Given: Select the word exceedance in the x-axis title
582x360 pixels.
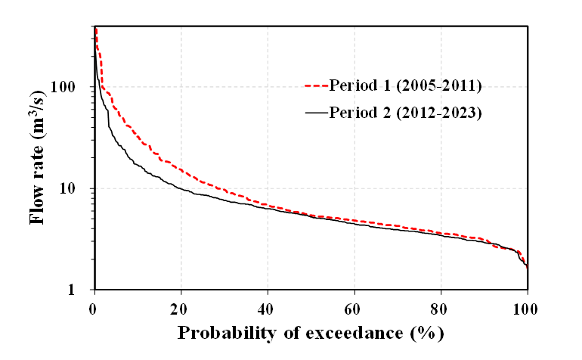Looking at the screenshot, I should [x=344, y=333].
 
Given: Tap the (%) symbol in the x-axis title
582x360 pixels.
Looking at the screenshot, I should [x=427, y=333].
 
